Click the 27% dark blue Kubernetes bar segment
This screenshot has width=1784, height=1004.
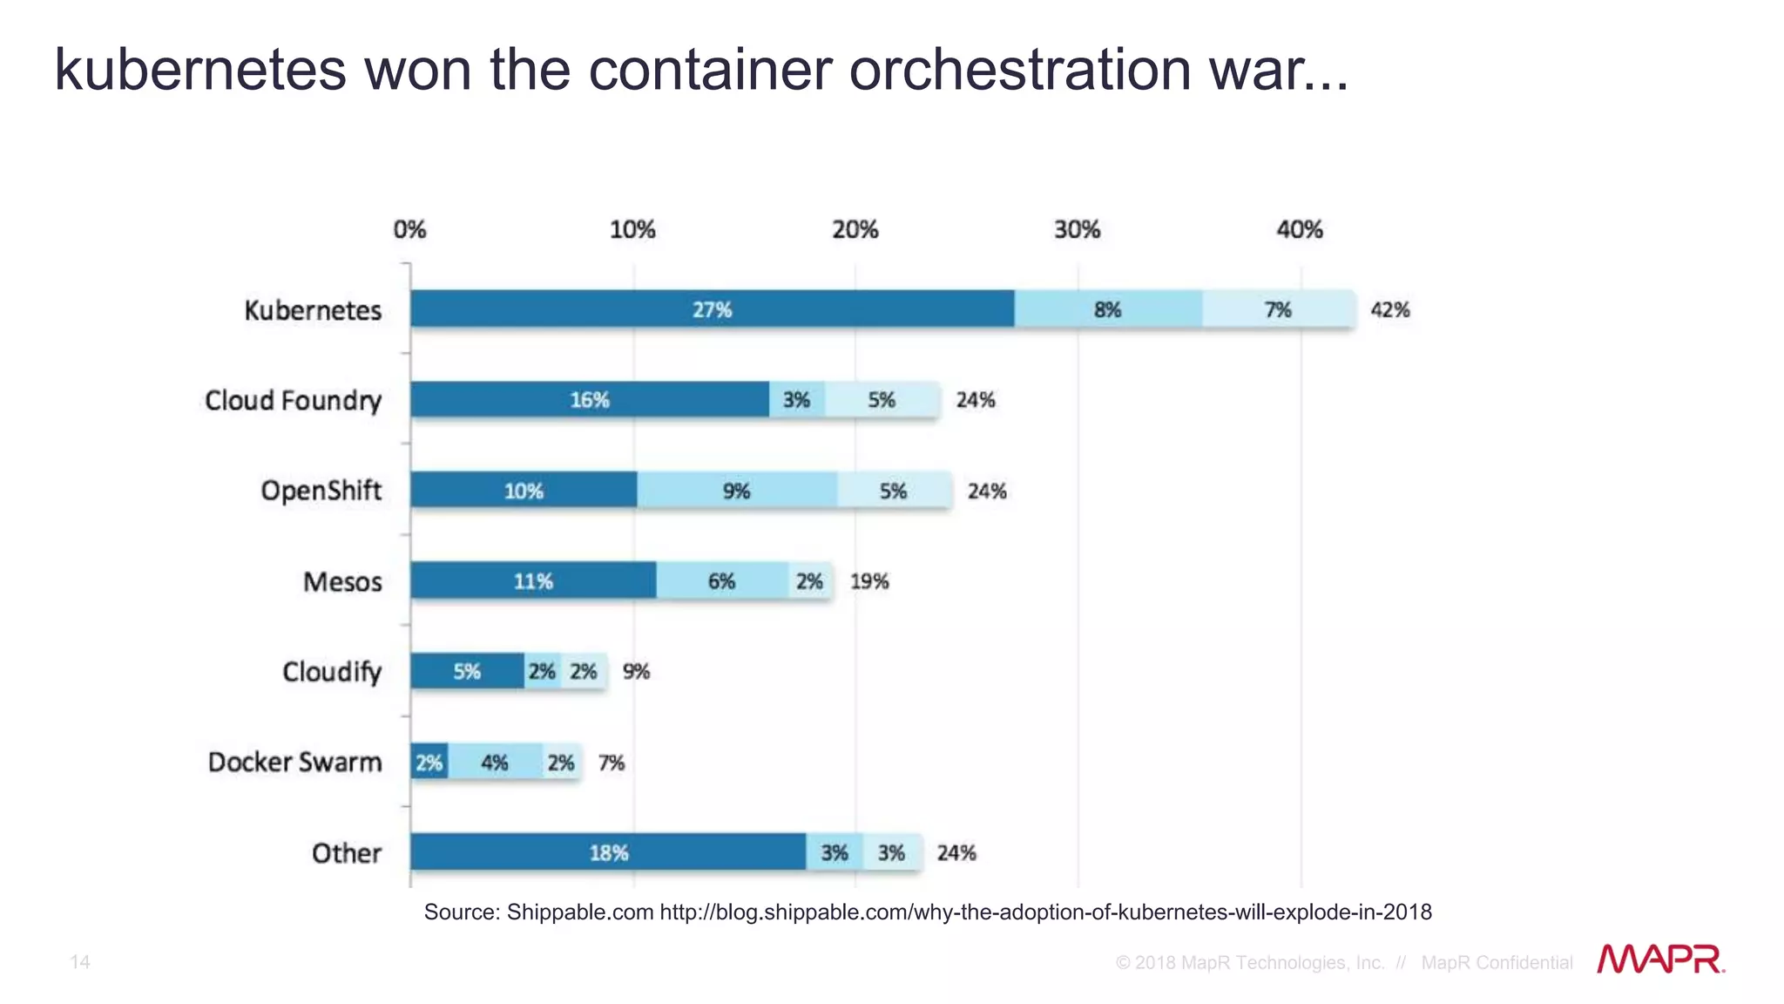coord(712,309)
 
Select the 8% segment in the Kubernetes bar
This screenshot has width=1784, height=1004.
coord(1107,309)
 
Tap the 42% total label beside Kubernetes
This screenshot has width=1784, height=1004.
coord(1389,309)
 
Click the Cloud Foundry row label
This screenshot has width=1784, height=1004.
coord(293,400)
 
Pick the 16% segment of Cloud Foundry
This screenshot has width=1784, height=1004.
coord(590,400)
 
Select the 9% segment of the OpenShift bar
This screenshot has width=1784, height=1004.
coord(736,491)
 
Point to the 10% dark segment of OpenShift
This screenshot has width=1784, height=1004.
coord(524,491)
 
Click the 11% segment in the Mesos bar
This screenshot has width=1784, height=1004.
coord(533,581)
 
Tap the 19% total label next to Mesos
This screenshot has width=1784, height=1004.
coord(868,581)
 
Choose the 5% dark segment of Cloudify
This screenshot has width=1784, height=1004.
coord(467,671)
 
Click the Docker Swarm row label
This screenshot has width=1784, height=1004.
coord(294,762)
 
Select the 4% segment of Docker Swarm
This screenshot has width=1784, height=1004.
coord(494,763)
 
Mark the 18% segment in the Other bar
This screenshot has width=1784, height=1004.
coord(608,852)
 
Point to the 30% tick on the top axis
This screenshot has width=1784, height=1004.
coord(1077,230)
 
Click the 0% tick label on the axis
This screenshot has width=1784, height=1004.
coord(409,230)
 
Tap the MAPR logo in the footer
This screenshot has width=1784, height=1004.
coord(1660,960)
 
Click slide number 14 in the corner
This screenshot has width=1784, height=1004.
coord(80,961)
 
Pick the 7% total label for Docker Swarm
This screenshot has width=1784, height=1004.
coord(612,763)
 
